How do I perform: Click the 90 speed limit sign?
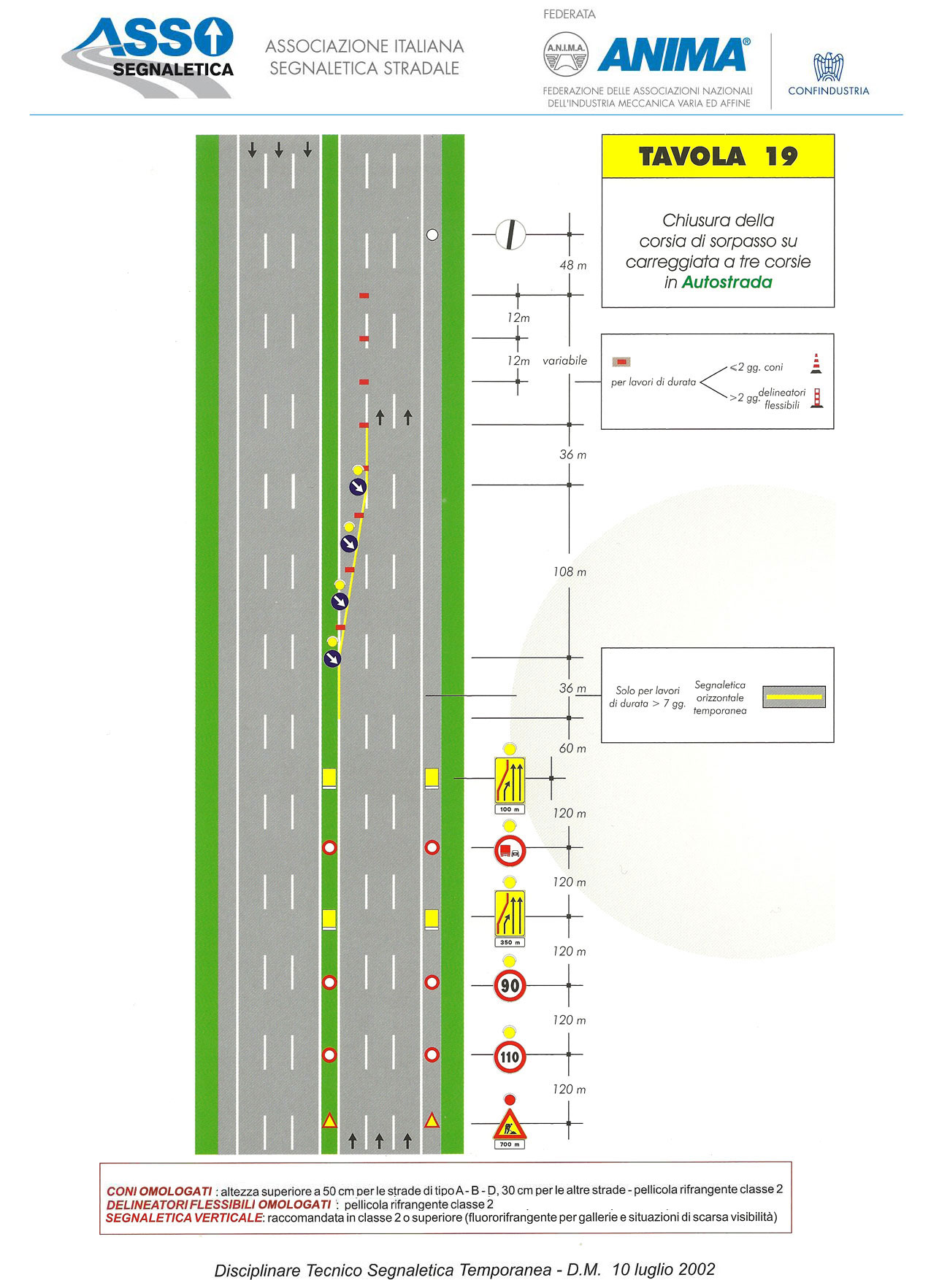pyautogui.click(x=510, y=985)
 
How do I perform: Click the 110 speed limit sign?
pyautogui.click(x=510, y=1056)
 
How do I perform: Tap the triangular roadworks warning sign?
pyautogui.click(x=510, y=1125)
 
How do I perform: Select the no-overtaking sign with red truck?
pyautogui.click(x=510, y=851)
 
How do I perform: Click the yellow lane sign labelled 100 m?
pyautogui.click(x=510, y=780)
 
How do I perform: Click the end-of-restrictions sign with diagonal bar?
pyautogui.click(x=510, y=234)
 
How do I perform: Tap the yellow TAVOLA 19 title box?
pyautogui.click(x=718, y=156)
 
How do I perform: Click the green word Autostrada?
pyautogui.click(x=727, y=282)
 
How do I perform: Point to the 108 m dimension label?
pyautogui.click(x=570, y=572)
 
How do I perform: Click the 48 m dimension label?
pyautogui.click(x=573, y=266)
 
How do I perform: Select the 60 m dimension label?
pyautogui.click(x=572, y=749)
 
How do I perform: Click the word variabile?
pyautogui.click(x=564, y=361)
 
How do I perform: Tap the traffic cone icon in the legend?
pyautogui.click(x=816, y=363)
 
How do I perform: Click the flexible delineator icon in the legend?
pyautogui.click(x=818, y=397)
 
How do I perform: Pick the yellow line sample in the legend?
pyautogui.click(x=794, y=697)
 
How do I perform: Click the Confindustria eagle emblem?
pyautogui.click(x=829, y=66)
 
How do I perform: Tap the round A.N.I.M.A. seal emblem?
pyautogui.click(x=566, y=54)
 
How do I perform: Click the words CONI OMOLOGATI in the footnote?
pyautogui.click(x=159, y=1192)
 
